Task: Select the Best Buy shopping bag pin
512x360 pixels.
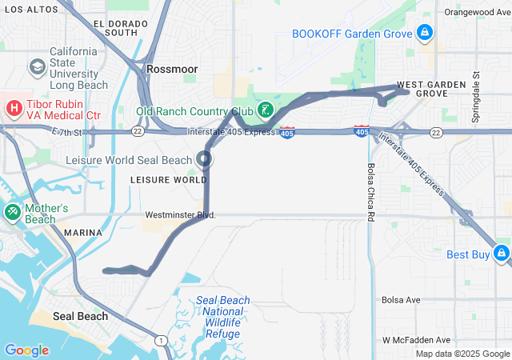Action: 501,254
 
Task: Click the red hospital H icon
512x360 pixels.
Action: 14,108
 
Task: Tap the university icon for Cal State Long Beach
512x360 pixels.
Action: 37,67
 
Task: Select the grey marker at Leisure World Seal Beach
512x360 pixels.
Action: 205,158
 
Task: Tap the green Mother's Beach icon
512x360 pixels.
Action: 12,213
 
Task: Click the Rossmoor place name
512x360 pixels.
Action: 172,70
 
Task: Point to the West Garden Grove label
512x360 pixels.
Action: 422,89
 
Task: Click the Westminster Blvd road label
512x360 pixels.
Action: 181,215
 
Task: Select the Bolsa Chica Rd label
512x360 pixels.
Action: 370,193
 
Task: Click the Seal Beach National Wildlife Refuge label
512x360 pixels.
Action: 223,316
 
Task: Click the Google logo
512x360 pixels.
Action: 26,350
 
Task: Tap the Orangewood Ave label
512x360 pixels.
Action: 477,13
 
